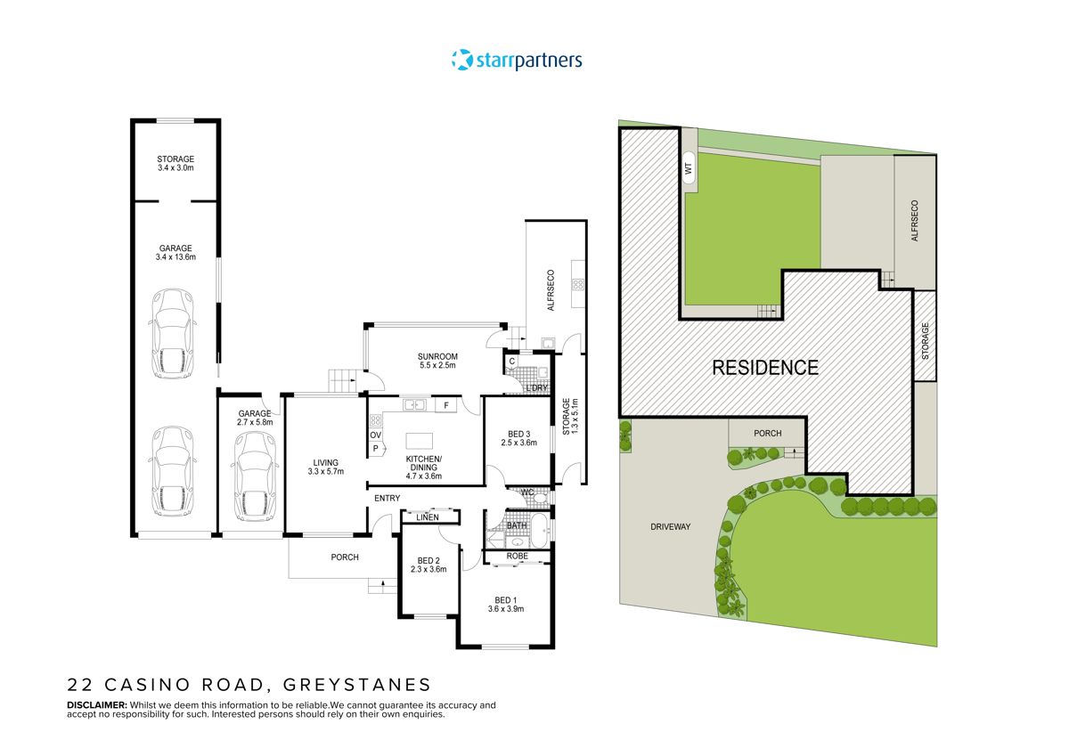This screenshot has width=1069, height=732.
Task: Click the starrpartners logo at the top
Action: (517, 61)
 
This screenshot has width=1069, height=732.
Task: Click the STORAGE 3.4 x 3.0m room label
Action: (175, 164)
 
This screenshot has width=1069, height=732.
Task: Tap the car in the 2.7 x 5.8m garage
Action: (253, 479)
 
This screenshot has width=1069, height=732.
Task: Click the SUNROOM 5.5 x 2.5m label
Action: (437, 361)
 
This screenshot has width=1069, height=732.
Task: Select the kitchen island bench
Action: (420, 442)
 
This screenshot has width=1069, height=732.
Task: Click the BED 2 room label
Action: (428, 565)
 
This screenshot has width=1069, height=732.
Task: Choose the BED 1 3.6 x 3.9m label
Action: (503, 605)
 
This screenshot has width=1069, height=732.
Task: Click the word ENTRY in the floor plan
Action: (387, 498)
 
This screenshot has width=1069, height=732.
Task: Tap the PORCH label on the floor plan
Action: (345, 557)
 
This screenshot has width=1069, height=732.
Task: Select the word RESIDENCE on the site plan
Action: (764, 367)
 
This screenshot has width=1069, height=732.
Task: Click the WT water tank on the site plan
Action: (689, 167)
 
